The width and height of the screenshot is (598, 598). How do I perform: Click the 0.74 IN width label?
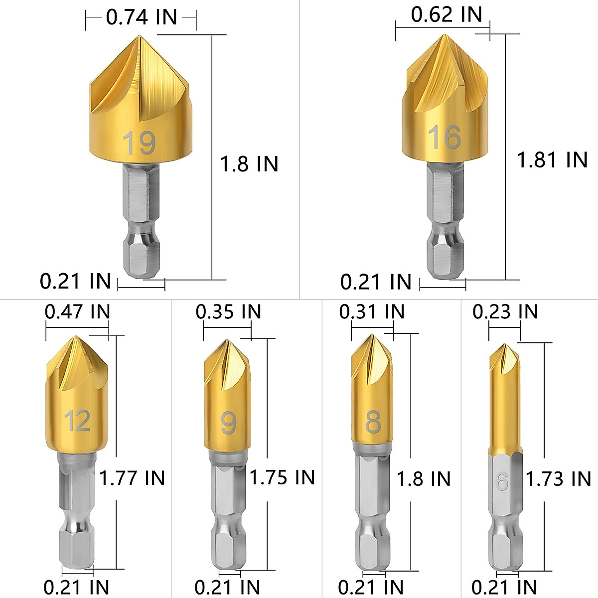click(142, 17)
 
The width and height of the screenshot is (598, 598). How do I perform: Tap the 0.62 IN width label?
click(447, 14)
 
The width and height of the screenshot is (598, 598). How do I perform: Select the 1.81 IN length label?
click(552, 160)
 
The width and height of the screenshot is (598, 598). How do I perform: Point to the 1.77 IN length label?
click(132, 478)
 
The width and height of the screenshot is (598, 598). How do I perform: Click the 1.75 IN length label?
click(283, 477)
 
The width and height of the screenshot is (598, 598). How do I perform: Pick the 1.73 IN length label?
click(559, 479)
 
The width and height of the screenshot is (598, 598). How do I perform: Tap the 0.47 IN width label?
click(77, 312)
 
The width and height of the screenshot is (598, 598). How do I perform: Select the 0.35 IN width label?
click(228, 312)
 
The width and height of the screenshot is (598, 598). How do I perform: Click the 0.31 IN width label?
click(372, 312)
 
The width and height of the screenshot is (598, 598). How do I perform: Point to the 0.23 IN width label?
click(505, 312)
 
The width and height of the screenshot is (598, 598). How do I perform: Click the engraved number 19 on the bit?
click(139, 143)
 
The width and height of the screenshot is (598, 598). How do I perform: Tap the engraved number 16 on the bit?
click(444, 137)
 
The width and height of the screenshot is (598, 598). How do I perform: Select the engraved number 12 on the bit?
click(77, 421)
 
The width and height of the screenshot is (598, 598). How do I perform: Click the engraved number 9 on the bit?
click(228, 423)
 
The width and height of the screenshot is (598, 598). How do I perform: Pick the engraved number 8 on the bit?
click(373, 423)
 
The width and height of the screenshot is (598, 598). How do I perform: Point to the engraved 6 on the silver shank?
click(502, 481)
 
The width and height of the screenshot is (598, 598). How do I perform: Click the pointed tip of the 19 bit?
click(139, 37)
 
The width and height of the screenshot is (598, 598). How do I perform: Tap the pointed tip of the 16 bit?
click(444, 35)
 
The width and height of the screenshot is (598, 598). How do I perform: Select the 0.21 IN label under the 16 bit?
click(376, 282)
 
